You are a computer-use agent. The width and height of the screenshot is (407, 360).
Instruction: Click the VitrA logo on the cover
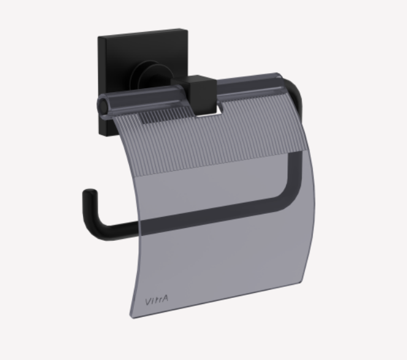point(157,300)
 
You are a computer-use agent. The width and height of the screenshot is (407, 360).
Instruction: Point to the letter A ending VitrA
point(166,300)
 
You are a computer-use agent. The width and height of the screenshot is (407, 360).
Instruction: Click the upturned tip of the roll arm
point(87,195)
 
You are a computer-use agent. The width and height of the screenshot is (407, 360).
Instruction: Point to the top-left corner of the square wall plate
point(99,38)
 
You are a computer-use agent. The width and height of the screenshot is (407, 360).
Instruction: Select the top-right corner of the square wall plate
point(182,28)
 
